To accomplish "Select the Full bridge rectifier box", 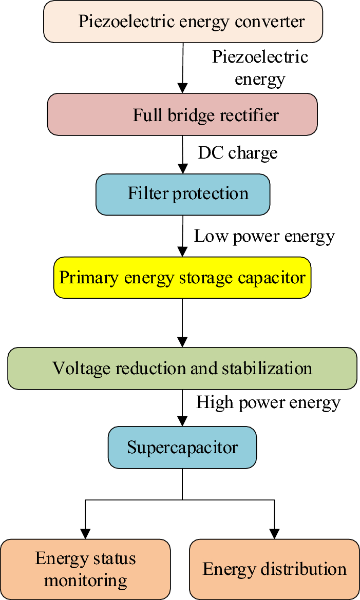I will pyautogui.click(x=182, y=114).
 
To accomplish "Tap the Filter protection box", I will pyautogui.click(x=182, y=194).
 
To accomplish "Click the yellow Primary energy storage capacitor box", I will pyautogui.click(x=182, y=278).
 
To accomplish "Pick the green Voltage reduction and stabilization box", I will pyautogui.click(x=182, y=368).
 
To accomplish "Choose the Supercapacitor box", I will pyautogui.click(x=182, y=447).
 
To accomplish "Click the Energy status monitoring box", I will pyautogui.click(x=85, y=569).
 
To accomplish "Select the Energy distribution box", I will pyautogui.click(x=274, y=569).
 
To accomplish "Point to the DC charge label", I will pyautogui.click(x=238, y=153).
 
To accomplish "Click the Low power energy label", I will pyautogui.click(x=264, y=236).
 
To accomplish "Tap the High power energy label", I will pyautogui.click(x=268, y=402).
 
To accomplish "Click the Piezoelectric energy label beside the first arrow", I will pyautogui.click(x=260, y=67).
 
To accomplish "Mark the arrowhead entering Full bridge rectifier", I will pyautogui.click(x=182, y=88).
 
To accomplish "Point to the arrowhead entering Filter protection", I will pyautogui.click(x=182, y=169).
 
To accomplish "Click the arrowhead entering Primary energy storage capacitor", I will pyautogui.click(x=182, y=253).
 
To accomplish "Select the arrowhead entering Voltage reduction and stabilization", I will pyautogui.click(x=182, y=342).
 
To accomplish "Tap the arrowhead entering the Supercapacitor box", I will pyautogui.click(x=182, y=421).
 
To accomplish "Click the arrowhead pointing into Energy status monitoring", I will pyautogui.click(x=85, y=533).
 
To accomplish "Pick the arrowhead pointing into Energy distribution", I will pyautogui.click(x=274, y=533).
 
